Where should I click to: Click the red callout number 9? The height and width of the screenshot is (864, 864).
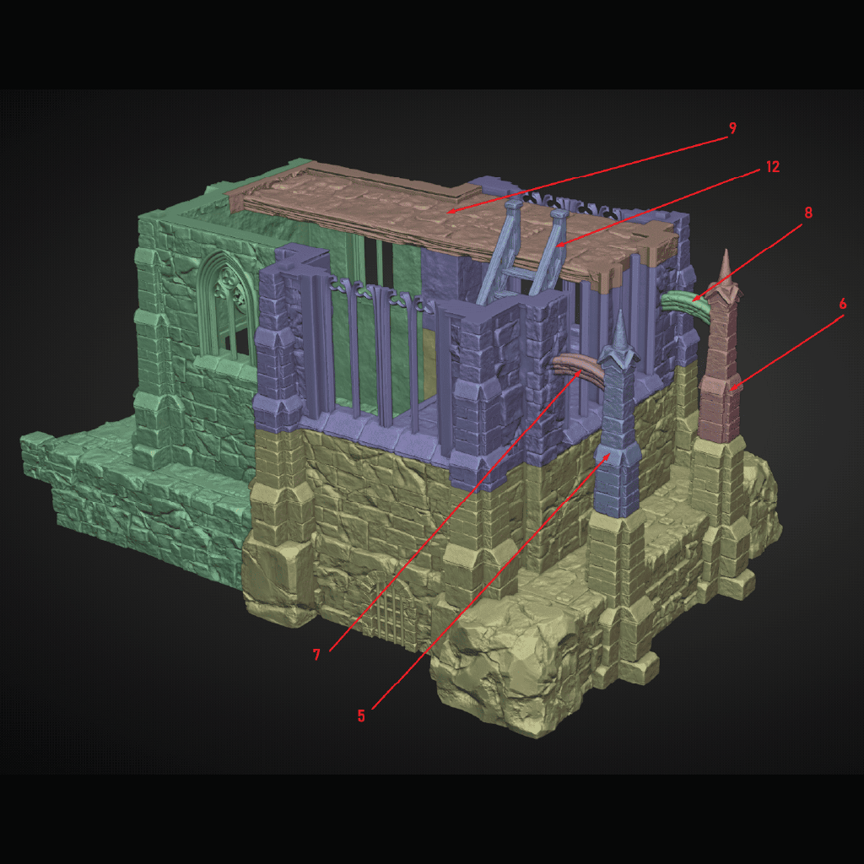[732, 128]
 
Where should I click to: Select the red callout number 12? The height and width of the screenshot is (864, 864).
[772, 167]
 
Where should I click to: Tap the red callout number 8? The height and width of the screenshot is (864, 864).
[807, 213]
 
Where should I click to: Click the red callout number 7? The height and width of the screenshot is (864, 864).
[317, 655]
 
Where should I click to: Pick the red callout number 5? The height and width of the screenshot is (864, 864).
[361, 715]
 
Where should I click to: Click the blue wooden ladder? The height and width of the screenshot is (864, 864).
[523, 253]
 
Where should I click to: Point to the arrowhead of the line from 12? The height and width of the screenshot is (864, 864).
[557, 247]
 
